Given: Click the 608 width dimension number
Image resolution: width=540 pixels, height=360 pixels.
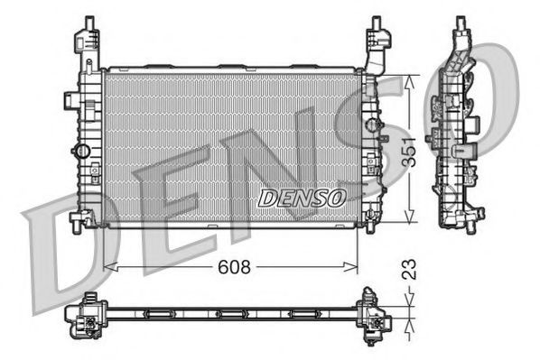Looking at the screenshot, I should [233, 267].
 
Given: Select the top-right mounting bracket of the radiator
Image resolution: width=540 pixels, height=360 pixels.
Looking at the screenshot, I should [376, 43].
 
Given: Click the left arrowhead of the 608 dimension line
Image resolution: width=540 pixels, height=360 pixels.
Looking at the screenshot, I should [108, 267].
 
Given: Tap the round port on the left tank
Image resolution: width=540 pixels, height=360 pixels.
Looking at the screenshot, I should [83, 149].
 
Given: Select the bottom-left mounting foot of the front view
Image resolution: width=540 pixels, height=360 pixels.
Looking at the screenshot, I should [83, 218].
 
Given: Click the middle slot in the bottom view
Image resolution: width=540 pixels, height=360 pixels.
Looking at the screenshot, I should [231, 314].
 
